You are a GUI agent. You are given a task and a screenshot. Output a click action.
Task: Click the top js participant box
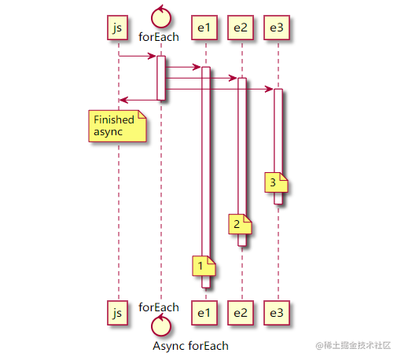coord(117,28)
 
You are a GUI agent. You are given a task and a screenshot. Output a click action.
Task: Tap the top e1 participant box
coord(204,28)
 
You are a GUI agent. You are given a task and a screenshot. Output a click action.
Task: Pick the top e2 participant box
coord(241,28)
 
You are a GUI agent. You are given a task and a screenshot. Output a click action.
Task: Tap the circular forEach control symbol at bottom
coord(160,324)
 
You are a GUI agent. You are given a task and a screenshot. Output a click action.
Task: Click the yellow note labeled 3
coord(276,183)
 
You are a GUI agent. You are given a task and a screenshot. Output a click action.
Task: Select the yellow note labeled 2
coord(239,225)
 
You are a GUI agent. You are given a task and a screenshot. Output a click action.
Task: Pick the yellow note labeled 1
coord(203,266)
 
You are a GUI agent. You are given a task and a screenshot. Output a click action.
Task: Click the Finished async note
coord(117,126)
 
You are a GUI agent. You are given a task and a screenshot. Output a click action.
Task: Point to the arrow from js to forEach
coord(137,56)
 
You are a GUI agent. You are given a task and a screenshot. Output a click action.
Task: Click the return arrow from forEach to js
coord(138,100)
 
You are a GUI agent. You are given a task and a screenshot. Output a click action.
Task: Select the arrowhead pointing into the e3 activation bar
coord(269,89)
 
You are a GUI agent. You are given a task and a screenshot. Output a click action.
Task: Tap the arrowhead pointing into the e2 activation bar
coord(233,78)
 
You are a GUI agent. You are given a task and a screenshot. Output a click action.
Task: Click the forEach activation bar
coord(160,78)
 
